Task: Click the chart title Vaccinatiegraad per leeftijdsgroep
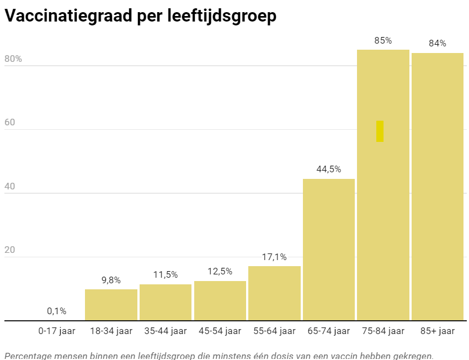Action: coord(140,16)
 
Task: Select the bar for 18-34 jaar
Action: coord(111,305)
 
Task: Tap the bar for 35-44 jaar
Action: coord(166,302)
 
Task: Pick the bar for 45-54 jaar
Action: coord(220,300)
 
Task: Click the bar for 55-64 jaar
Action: coord(274,293)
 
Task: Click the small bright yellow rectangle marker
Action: coord(380,131)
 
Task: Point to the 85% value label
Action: coord(383,40)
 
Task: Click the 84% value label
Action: coord(437,44)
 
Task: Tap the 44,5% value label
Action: coord(328,170)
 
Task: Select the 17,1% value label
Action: coord(274,257)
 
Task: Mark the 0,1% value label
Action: coord(56,311)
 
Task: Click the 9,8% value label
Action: coord(111,280)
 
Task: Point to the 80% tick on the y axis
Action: coord(13,59)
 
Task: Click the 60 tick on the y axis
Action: coord(9,123)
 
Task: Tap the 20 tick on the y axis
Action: coord(9,250)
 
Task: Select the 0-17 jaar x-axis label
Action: coord(56,331)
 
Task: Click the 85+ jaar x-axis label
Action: coord(437,331)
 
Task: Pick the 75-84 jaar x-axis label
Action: coord(383,331)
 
